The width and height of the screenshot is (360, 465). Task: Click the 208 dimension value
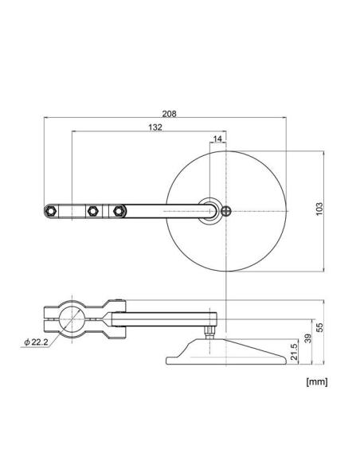click(x=170, y=114)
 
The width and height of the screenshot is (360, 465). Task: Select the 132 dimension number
click(x=155, y=127)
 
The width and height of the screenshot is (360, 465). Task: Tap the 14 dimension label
click(x=217, y=139)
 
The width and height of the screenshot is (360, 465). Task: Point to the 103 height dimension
click(x=319, y=209)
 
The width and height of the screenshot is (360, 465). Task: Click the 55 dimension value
click(x=319, y=327)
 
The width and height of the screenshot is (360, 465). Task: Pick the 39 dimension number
click(x=308, y=338)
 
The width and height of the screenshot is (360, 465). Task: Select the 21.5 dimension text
click(x=294, y=352)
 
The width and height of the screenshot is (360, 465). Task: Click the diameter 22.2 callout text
click(x=36, y=342)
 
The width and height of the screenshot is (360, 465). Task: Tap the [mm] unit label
click(x=317, y=381)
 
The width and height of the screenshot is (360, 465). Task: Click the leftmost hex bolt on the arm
click(x=51, y=211)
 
